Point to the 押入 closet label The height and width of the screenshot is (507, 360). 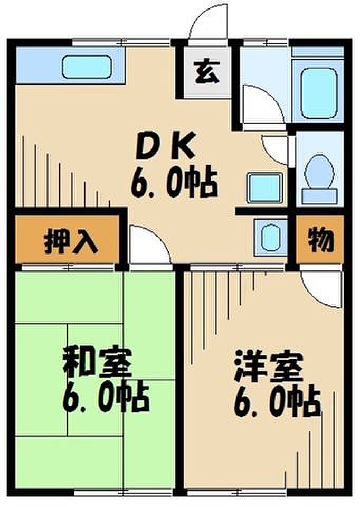coord(70,240)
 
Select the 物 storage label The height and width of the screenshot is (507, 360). coord(320,240)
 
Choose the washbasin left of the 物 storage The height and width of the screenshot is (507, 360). coord(270,236)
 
